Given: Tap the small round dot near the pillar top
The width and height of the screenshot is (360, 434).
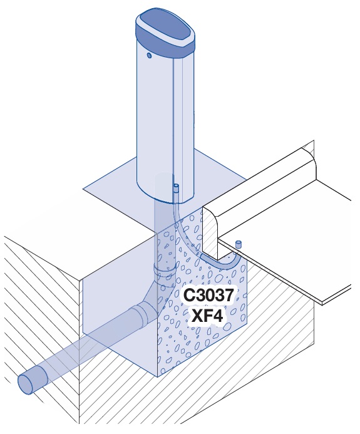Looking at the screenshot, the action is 150,56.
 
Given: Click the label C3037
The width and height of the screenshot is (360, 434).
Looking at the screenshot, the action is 208,295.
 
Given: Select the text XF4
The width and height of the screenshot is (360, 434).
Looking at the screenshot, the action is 207,316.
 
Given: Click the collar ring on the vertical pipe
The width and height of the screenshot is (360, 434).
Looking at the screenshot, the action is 165,269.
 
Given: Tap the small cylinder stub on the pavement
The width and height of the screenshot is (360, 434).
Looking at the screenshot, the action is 238,245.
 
